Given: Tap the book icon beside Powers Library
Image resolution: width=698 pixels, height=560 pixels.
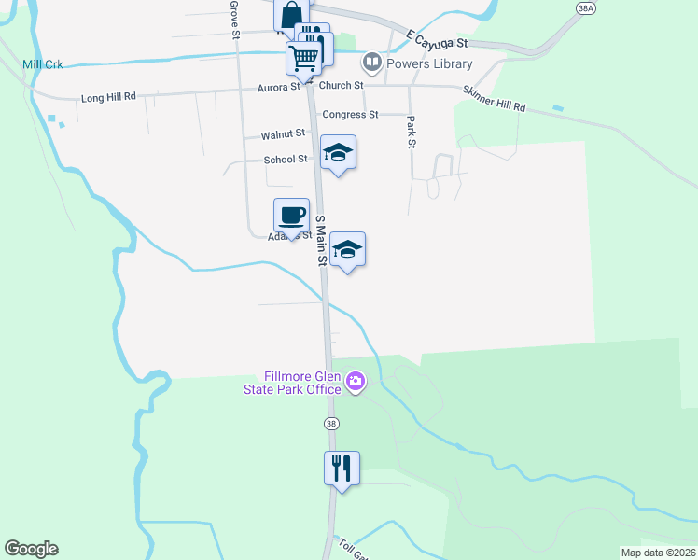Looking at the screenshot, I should pyautogui.click(x=372, y=63).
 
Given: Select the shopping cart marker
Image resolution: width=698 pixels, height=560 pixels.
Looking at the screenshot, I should pyautogui.click(x=303, y=58).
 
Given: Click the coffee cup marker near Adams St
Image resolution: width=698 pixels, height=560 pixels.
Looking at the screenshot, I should pyautogui.click(x=291, y=216).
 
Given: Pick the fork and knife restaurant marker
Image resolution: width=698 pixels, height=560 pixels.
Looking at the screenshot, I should pyautogui.click(x=342, y=466).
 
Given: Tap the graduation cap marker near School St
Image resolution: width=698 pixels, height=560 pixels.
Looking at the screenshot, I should pyautogui.click(x=338, y=153).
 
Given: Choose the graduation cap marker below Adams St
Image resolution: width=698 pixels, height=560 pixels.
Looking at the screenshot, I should pyautogui.click(x=347, y=249).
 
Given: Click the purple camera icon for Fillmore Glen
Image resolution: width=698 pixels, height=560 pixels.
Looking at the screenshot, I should pyautogui.click(x=355, y=381).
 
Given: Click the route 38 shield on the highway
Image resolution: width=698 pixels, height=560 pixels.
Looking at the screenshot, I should pyautogui.click(x=331, y=424).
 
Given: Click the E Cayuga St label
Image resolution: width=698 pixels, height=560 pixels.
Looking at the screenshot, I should pyautogui.click(x=437, y=39).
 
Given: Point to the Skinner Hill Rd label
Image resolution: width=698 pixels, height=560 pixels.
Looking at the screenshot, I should pyautogui.click(x=494, y=99).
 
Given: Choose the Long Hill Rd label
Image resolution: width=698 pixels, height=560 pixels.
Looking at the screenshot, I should pyautogui.click(x=109, y=97).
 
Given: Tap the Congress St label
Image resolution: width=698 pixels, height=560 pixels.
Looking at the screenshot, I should pyautogui.click(x=350, y=115).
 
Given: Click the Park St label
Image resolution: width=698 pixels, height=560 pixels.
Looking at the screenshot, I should pyautogui.click(x=411, y=132).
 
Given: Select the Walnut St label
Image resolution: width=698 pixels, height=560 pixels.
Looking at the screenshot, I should pyautogui.click(x=283, y=134).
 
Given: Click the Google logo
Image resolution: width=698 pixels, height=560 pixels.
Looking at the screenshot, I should pyautogui.click(x=31, y=549).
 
